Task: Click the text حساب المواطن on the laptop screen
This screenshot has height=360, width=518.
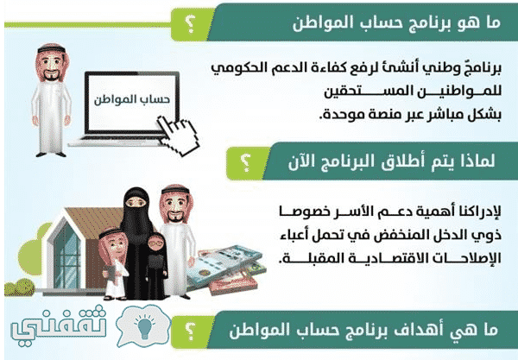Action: [x=132, y=100]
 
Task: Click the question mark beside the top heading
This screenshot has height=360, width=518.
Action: [x=190, y=25]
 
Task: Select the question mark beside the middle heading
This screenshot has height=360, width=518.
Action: [x=245, y=163]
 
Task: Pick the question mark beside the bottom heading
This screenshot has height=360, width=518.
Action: [x=190, y=332]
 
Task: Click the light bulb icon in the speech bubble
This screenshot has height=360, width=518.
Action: [x=144, y=326]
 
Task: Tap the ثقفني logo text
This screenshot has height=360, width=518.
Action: [x=59, y=325]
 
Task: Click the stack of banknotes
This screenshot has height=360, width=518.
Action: [x=225, y=269]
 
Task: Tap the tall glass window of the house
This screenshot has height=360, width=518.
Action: [x=67, y=255]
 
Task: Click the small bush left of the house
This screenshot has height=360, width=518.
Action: [x=20, y=287]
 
